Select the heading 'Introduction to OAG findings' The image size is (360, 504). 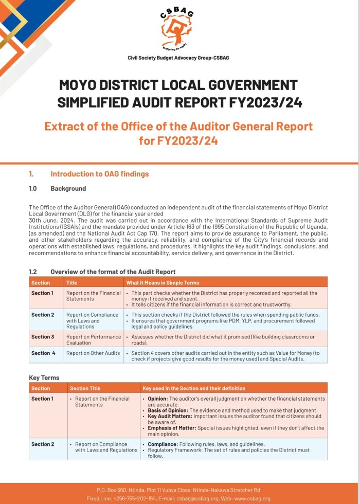point(100,174)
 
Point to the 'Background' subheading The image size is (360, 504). point(68,189)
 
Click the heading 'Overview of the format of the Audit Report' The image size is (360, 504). point(113,272)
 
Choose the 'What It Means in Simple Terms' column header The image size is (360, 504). point(163,282)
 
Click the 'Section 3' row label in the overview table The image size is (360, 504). point(42,337)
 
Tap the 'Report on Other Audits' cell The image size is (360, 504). point(93,353)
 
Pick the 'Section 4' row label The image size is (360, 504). point(43,353)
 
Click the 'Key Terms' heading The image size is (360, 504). point(44,378)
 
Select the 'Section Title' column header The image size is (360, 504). point(85,388)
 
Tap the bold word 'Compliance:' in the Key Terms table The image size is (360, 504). point(163,444)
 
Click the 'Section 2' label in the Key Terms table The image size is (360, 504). point(42,444)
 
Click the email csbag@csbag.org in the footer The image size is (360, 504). point(191,498)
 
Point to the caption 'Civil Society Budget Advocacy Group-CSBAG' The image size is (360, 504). point(178,58)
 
